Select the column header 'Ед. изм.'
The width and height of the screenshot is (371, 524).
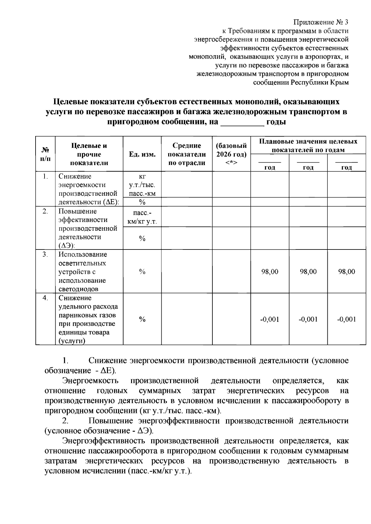point(142,154)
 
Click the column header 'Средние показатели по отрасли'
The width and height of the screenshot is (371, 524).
point(186,154)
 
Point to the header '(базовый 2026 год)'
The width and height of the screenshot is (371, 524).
point(231,150)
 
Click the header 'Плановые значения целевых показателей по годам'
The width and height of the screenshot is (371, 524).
point(308,146)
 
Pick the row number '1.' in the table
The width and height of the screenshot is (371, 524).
point(45,177)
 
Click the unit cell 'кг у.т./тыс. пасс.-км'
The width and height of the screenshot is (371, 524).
point(142,185)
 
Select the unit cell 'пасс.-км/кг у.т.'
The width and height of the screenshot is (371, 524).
point(142,217)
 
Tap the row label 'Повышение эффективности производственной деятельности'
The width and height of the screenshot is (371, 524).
point(87,228)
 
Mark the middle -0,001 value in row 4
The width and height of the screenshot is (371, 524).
point(308,319)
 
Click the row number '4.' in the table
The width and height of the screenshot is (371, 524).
point(45,298)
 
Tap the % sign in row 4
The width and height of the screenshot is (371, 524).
point(142,319)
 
